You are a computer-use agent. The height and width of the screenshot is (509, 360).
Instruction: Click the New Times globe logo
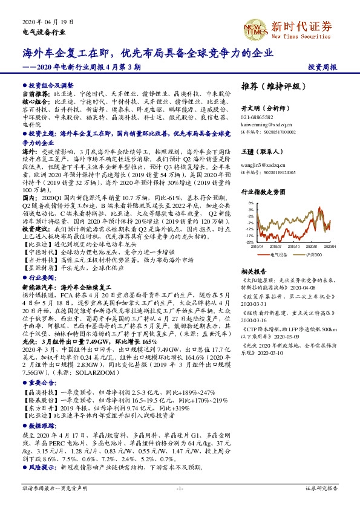pyautogui.click(x=254, y=27)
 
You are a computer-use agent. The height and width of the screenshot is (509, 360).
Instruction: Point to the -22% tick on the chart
pyautogui.click(x=249, y=242)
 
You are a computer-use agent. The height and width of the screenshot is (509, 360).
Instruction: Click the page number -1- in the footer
pyautogui.click(x=179, y=487)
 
